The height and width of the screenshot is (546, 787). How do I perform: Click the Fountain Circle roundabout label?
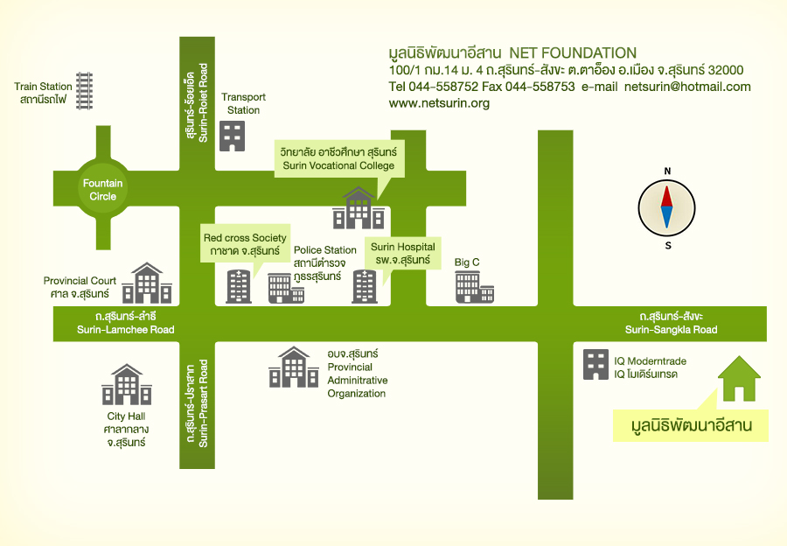[102, 190]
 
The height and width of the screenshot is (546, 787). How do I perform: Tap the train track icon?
[85, 90]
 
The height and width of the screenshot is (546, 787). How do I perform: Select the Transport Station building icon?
[232, 136]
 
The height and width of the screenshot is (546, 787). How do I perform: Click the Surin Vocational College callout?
[338, 158]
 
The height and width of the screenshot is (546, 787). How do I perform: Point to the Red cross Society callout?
[245, 244]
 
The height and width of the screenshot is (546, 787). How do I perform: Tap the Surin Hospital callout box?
[402, 254]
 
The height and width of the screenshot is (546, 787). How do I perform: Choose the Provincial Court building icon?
[147, 283]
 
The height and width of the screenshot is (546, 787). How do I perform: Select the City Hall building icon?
[127, 385]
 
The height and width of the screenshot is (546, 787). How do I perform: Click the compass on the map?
[667, 208]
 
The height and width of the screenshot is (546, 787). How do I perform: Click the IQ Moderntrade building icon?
[595, 365]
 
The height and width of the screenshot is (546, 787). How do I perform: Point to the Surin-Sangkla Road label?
[671, 323]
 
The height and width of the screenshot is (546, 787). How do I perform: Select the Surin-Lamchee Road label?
[125, 323]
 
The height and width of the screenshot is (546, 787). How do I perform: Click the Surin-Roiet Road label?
[197, 90]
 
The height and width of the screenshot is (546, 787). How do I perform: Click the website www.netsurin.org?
[439, 103]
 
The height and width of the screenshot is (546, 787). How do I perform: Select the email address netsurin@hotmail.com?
[687, 87]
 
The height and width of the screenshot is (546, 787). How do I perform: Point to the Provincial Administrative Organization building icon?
[293, 367]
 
